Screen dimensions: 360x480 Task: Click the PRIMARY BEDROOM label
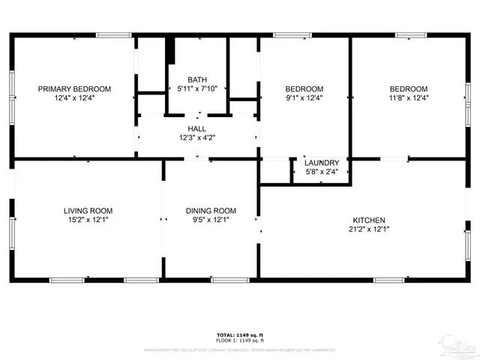[x=74, y=88]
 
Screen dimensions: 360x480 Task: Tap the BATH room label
[x=197, y=79]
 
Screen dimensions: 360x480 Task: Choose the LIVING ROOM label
[x=88, y=211]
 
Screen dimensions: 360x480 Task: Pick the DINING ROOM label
[x=211, y=211]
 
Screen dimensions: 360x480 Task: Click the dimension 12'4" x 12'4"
[x=74, y=97]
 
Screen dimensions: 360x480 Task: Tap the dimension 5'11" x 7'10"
[x=197, y=88]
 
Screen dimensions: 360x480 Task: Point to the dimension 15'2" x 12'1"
[x=88, y=220]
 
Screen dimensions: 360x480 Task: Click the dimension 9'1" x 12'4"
[x=304, y=97]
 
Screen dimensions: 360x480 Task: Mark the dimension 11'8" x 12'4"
[x=408, y=97]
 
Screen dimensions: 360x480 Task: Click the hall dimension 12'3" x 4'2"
[x=197, y=138]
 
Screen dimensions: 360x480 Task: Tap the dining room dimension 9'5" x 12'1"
[x=211, y=220]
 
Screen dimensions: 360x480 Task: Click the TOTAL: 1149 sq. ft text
[x=240, y=334]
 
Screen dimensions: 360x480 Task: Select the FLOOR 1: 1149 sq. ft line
[x=240, y=340]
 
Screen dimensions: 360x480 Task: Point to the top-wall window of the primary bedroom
[x=115, y=34]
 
